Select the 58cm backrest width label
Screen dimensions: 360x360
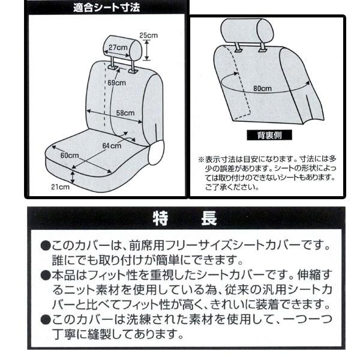tap(124, 113)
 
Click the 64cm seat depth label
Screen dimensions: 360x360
tap(111, 146)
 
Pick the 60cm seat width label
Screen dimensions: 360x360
tap(70, 155)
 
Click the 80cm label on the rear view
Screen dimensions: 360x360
tap(262, 88)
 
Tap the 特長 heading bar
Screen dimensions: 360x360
tap(185, 217)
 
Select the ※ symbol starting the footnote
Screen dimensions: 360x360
tap(201, 160)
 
